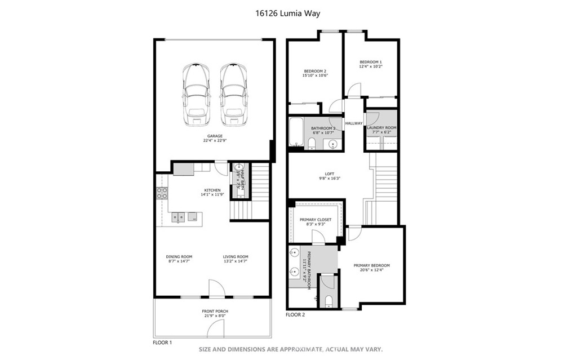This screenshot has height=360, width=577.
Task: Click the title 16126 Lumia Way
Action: click(x=288, y=13)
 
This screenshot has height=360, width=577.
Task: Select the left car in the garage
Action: click(x=196, y=94)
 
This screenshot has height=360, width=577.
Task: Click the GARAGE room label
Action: click(x=215, y=136)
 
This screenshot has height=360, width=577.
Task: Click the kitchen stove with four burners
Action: click(x=162, y=193)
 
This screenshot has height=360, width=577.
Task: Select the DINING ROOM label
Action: click(x=179, y=256)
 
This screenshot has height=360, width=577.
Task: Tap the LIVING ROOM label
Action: click(x=235, y=256)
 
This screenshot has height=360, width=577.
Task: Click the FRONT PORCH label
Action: click(x=215, y=311)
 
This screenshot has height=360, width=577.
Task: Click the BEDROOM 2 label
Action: click(x=315, y=71)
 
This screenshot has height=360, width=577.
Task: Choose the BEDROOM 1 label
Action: click(x=371, y=62)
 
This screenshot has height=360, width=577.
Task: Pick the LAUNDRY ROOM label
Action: click(x=381, y=128)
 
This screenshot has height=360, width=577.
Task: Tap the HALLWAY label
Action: click(x=354, y=123)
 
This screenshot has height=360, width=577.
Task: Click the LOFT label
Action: click(x=330, y=174)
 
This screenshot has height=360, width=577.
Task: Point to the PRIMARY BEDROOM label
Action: click(x=371, y=265)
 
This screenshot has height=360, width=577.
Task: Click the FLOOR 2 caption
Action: click(x=295, y=315)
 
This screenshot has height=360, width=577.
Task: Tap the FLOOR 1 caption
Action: click(x=162, y=342)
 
